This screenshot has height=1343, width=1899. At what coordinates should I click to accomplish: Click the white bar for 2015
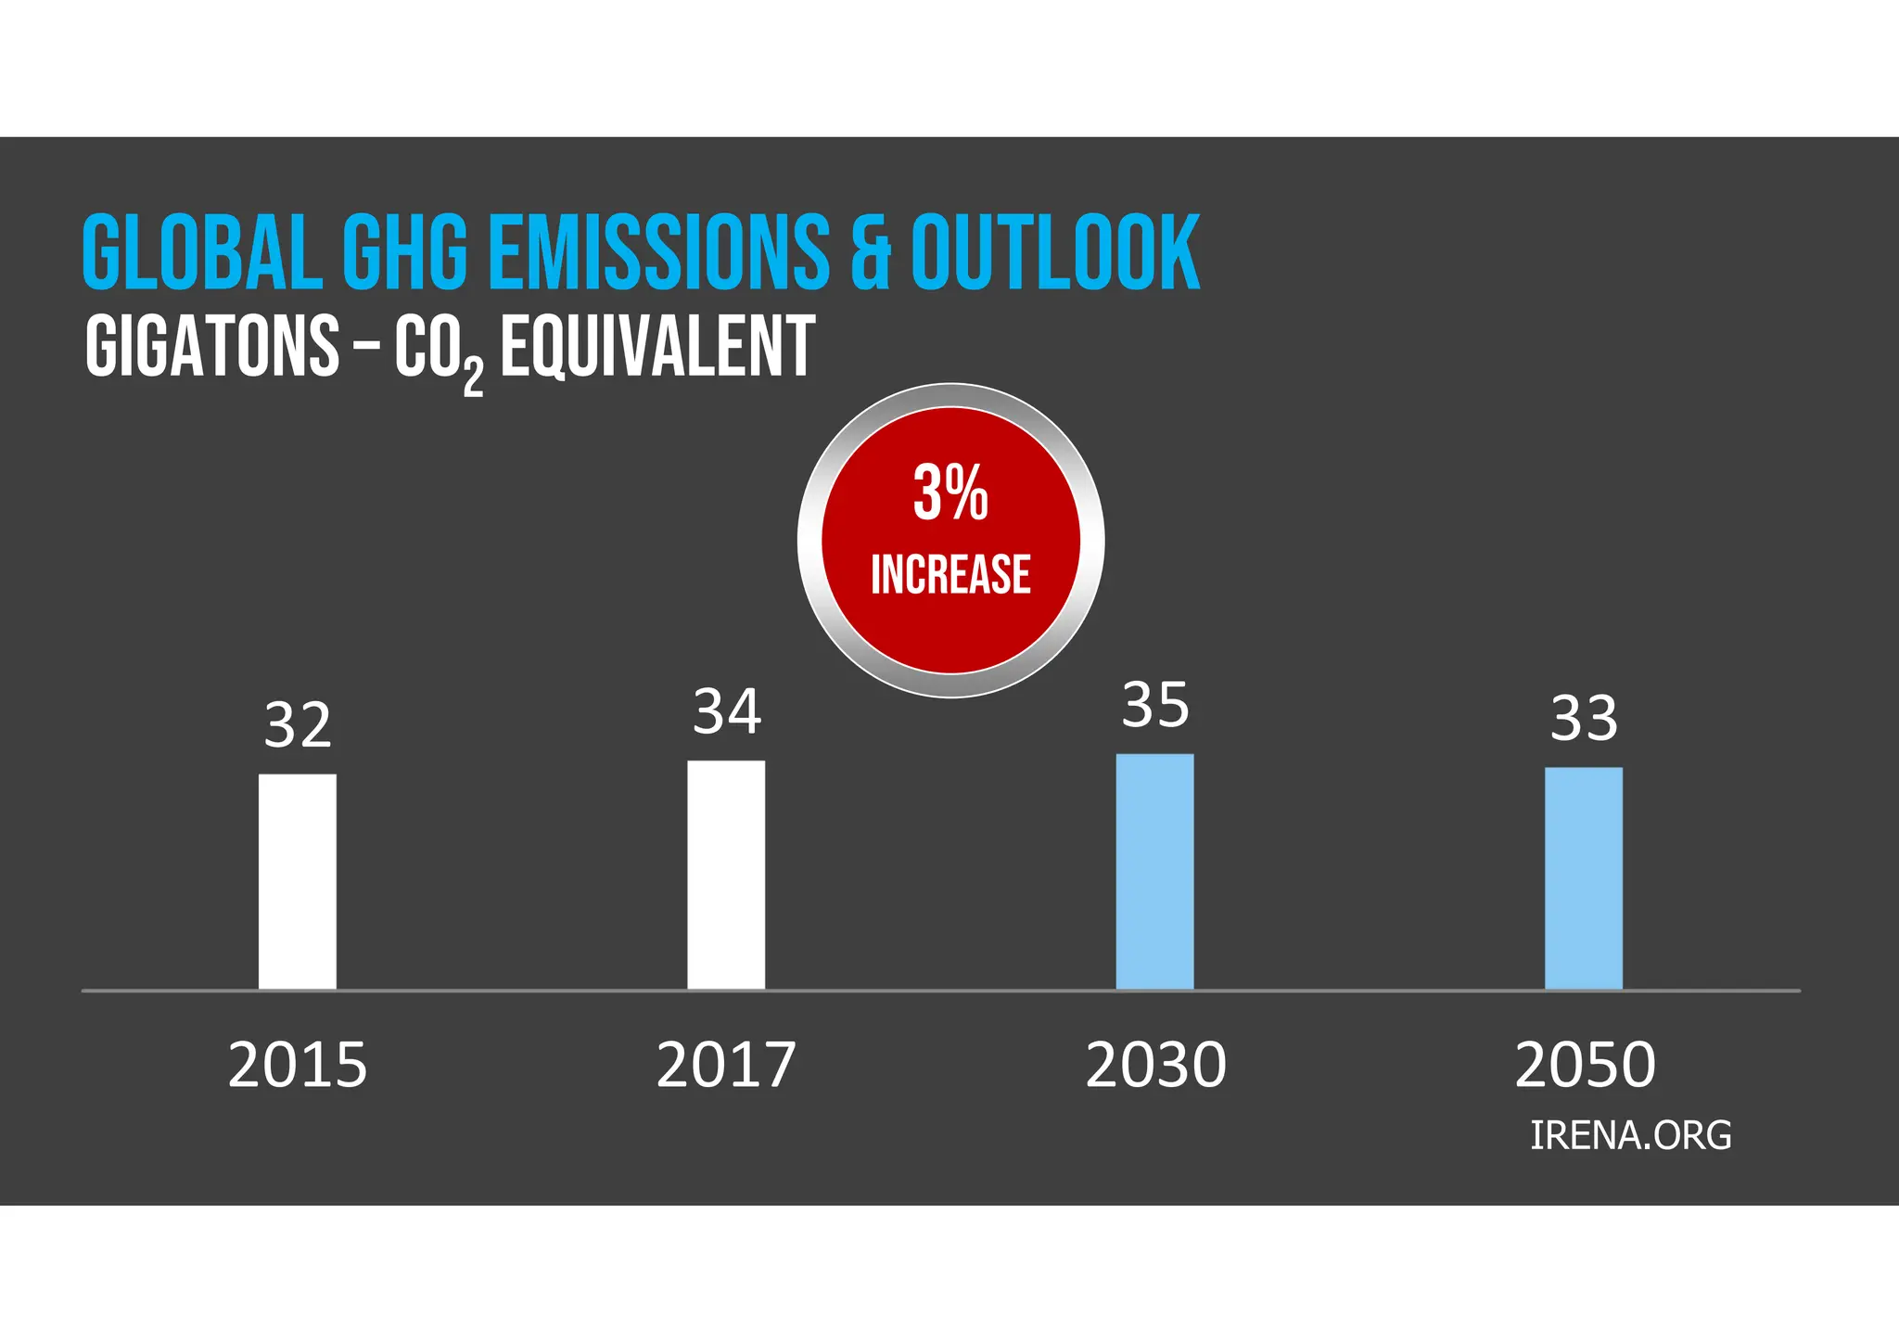[x=297, y=881]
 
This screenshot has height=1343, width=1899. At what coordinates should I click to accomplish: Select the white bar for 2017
[x=726, y=875]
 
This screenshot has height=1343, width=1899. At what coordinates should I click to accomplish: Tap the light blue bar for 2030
[x=1154, y=871]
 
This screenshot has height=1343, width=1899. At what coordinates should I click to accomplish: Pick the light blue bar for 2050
[x=1584, y=877]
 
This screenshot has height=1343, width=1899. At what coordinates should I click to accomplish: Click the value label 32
[x=298, y=725]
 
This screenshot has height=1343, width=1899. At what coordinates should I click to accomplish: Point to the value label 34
[x=727, y=712]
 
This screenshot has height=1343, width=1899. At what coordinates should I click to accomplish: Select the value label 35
[x=1154, y=706]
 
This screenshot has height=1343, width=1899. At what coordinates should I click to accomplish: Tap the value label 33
[x=1584, y=719]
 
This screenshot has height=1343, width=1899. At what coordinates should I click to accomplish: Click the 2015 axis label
[x=298, y=1065]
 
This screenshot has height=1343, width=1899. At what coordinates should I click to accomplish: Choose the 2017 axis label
[x=726, y=1065]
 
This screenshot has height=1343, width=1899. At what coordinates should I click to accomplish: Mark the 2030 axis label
[x=1155, y=1065]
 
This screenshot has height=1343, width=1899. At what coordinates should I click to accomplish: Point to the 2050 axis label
[x=1585, y=1065]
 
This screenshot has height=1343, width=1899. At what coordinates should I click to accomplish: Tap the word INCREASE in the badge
[x=950, y=574]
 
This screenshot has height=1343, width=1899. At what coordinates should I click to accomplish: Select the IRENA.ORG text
[x=1630, y=1136]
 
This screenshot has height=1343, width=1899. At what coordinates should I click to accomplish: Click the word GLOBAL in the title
[x=201, y=252]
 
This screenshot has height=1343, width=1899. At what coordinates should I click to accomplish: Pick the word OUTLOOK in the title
[x=1055, y=252]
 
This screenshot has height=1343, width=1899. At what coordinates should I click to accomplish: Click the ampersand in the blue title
[x=871, y=252]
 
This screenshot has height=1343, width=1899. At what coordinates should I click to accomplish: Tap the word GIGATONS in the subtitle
[x=212, y=347]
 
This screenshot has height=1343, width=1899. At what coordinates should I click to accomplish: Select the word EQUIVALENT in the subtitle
[x=657, y=347]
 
